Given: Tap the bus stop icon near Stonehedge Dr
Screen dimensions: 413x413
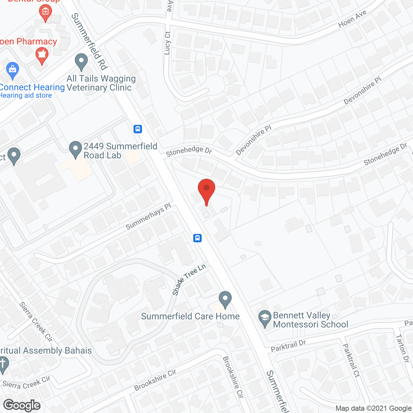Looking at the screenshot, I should click(138, 129).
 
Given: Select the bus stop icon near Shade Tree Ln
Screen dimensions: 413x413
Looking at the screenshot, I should click(197, 238).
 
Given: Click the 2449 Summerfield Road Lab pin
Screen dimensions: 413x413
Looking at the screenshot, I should click(76, 149).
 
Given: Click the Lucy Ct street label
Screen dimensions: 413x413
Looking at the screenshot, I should click(167, 43).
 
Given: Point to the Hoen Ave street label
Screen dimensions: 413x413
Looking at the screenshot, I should click(352, 19).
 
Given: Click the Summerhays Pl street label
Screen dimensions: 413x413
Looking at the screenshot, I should click(148, 217).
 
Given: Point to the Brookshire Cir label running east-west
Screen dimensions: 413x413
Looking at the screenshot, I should click(155, 380).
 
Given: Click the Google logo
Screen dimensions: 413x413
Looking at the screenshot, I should click(22, 405).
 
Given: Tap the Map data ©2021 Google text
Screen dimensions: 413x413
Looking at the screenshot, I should click(373, 408).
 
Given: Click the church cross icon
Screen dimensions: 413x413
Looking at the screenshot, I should click(3, 364).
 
